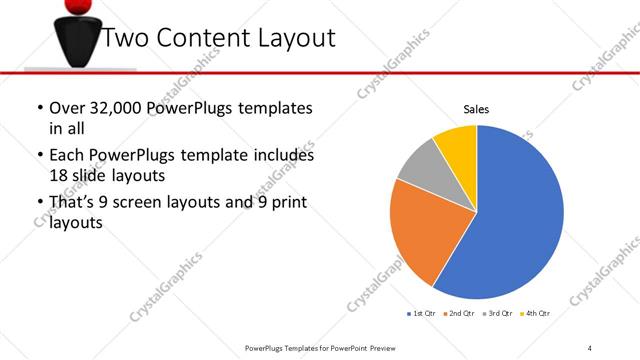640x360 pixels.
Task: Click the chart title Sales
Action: click(475, 110)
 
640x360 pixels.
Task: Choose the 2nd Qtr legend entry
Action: click(461, 313)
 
